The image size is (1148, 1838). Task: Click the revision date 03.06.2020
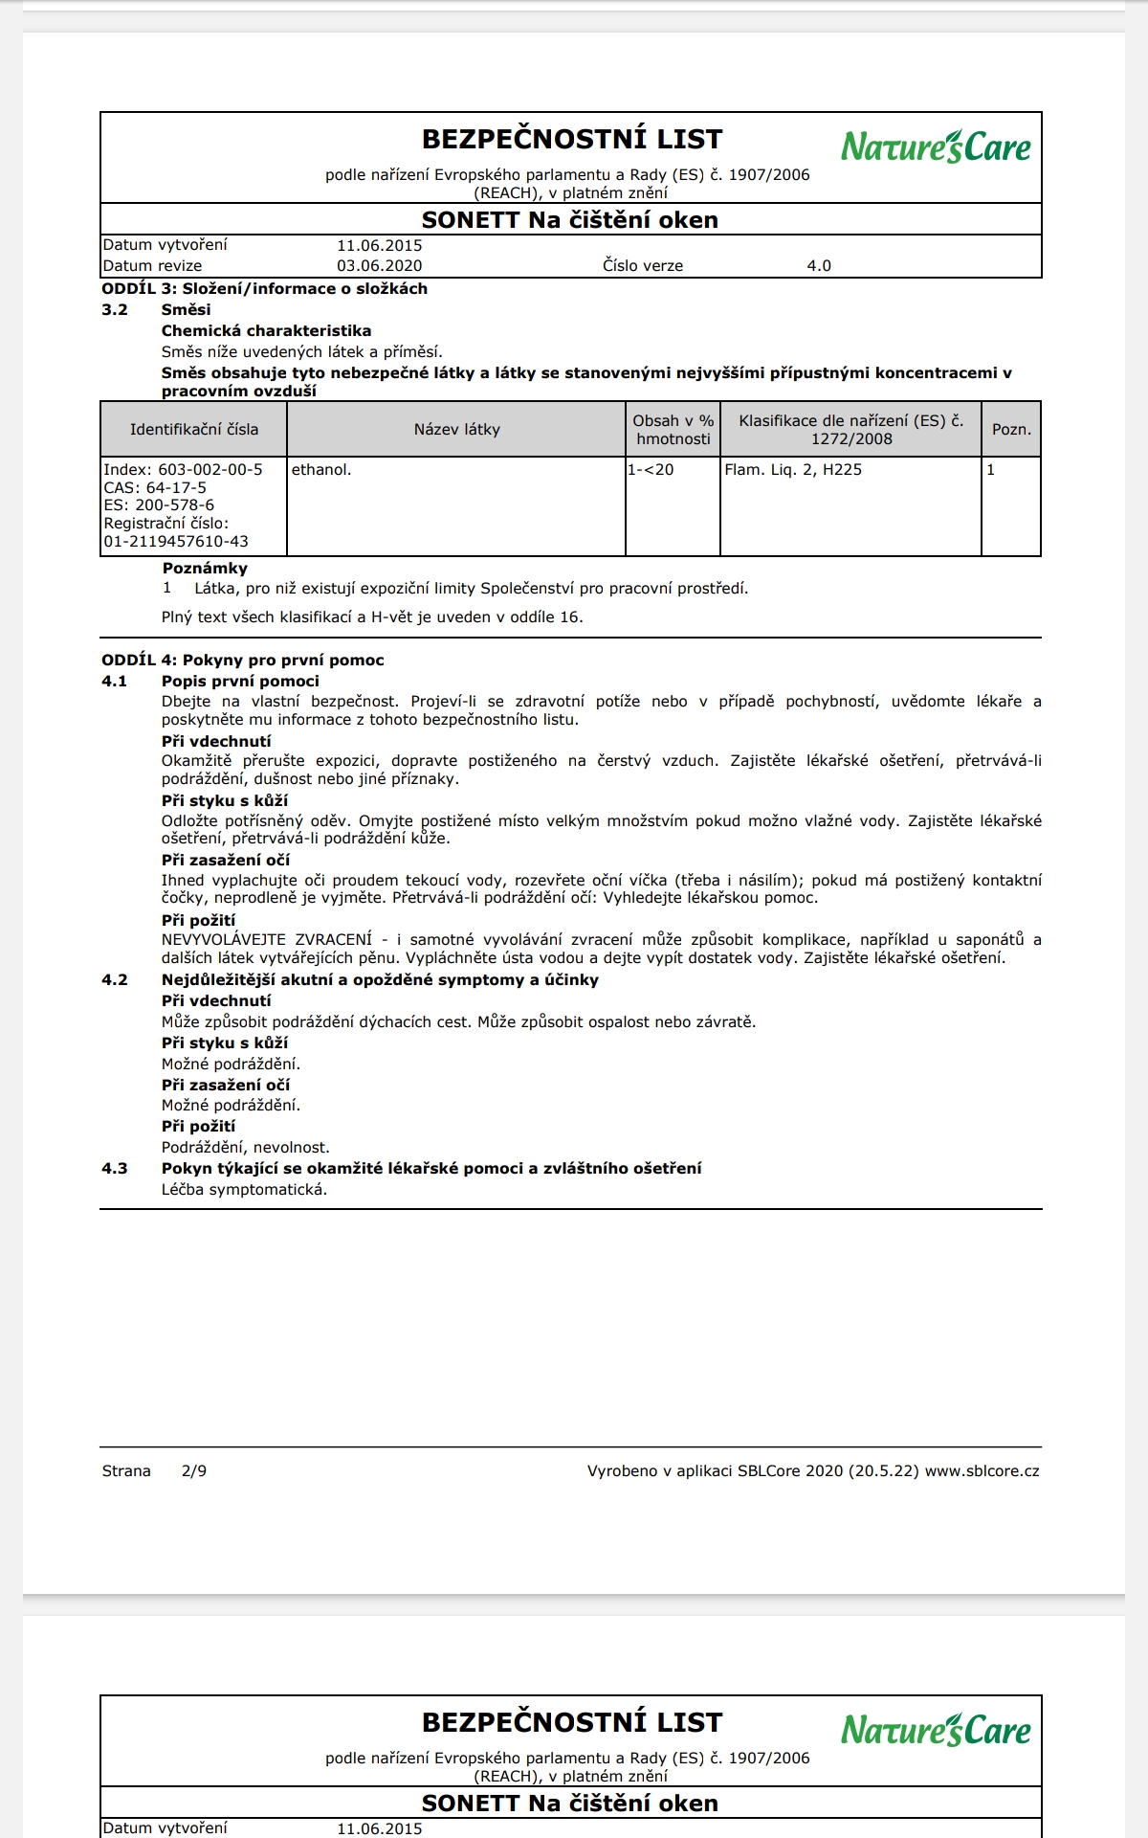pyautogui.click(x=379, y=266)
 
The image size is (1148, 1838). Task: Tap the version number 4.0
pyautogui.click(x=819, y=266)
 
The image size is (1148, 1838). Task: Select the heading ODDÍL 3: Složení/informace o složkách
pyautogui.click(x=264, y=289)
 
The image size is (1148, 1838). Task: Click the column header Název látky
pyautogui.click(x=456, y=430)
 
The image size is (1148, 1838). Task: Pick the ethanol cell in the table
pyautogui.click(x=321, y=470)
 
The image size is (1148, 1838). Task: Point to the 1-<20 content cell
pyautogui.click(x=651, y=470)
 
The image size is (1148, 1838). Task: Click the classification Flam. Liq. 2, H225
pyautogui.click(x=793, y=470)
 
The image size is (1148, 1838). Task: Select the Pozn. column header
pyautogui.click(x=1011, y=430)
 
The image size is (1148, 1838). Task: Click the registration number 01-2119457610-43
pyautogui.click(x=176, y=542)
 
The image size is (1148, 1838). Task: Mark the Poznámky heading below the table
pyautogui.click(x=205, y=569)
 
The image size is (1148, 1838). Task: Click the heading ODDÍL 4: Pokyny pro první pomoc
pyautogui.click(x=243, y=661)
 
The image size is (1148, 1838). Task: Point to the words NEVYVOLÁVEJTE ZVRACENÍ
pyautogui.click(x=267, y=940)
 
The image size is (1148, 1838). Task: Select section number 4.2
pyautogui.click(x=115, y=980)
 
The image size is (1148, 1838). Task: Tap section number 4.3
pyautogui.click(x=115, y=1169)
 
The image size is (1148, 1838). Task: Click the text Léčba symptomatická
pyautogui.click(x=244, y=1190)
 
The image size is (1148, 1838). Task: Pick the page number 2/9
pyautogui.click(x=194, y=1471)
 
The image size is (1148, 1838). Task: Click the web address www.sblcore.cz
pyautogui.click(x=982, y=1471)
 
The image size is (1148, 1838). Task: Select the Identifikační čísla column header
pyautogui.click(x=194, y=430)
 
